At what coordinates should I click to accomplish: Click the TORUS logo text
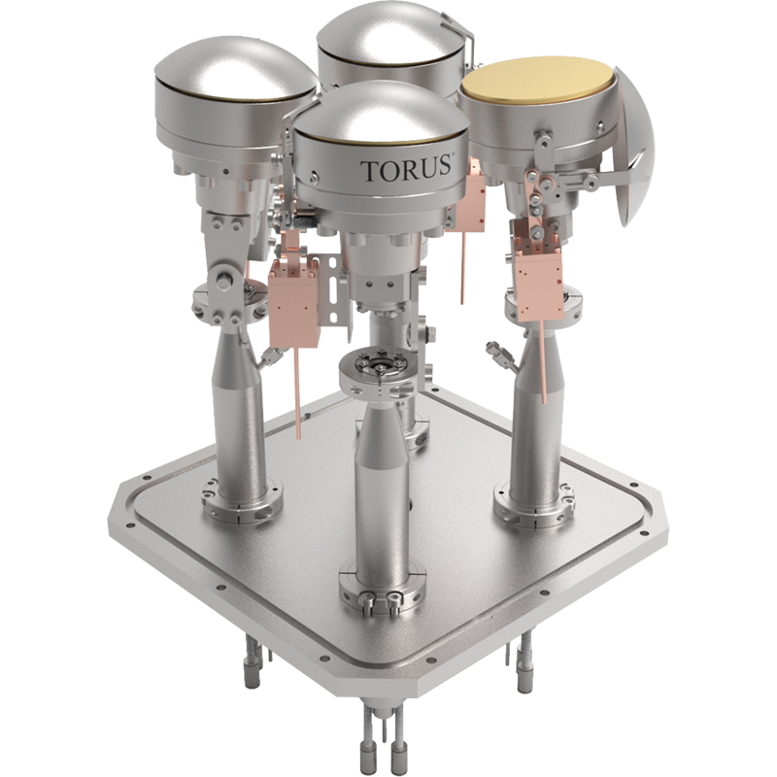pyautogui.click(x=406, y=169)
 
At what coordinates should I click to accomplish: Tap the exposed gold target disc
pyautogui.click(x=537, y=80)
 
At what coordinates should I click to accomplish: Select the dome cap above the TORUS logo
pyautogui.click(x=380, y=113)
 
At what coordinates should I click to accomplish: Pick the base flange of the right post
pyautogui.click(x=535, y=499)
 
